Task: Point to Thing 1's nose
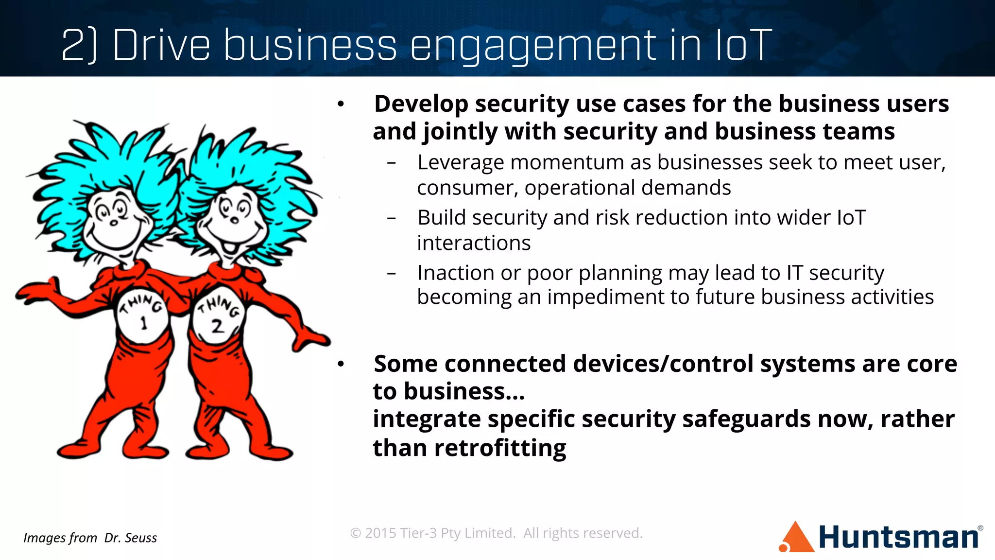pyautogui.click(x=113, y=223)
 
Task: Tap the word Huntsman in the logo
pyautogui.click(x=898, y=538)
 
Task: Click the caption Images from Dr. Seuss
pyautogui.click(x=90, y=538)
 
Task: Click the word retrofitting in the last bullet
pyautogui.click(x=500, y=448)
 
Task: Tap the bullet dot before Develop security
pyautogui.click(x=341, y=104)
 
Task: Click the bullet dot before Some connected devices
pyautogui.click(x=341, y=364)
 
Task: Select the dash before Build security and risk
pyautogui.click(x=392, y=218)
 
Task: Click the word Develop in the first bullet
pyautogui.click(x=421, y=104)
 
